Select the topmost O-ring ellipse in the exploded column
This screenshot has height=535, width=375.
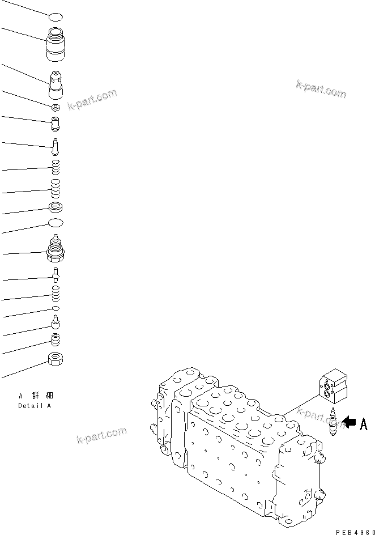click(56, 18)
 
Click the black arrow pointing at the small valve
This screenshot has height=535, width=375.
click(348, 422)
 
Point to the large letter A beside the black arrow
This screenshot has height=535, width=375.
click(363, 423)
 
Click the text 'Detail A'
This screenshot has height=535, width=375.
click(35, 405)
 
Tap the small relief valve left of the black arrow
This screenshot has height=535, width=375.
click(333, 422)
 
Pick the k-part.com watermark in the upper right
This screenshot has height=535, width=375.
click(321, 89)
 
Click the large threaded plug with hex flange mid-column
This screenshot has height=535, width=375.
click(56, 249)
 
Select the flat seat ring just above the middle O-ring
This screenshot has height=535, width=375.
click(56, 207)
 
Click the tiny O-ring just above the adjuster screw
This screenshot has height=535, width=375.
click(56, 308)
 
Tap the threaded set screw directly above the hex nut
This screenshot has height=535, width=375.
click(56, 339)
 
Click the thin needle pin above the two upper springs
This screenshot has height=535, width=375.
click(56, 146)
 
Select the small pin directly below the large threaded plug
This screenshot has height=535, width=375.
click(56, 274)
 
